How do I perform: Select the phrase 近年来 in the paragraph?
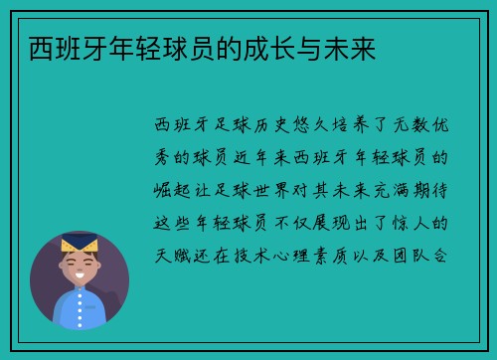[x=278, y=157]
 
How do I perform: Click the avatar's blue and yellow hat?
[x=79, y=245]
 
